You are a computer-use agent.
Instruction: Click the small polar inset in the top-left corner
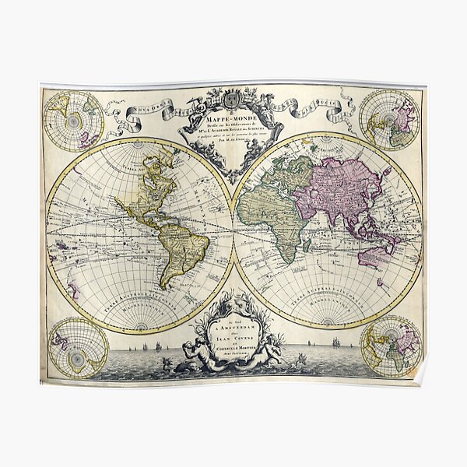(x=73, y=121)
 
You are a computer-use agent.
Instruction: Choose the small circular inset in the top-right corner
(x=390, y=118)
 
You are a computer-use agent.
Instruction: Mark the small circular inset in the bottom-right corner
(x=391, y=346)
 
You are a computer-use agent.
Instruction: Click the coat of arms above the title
(x=232, y=100)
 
